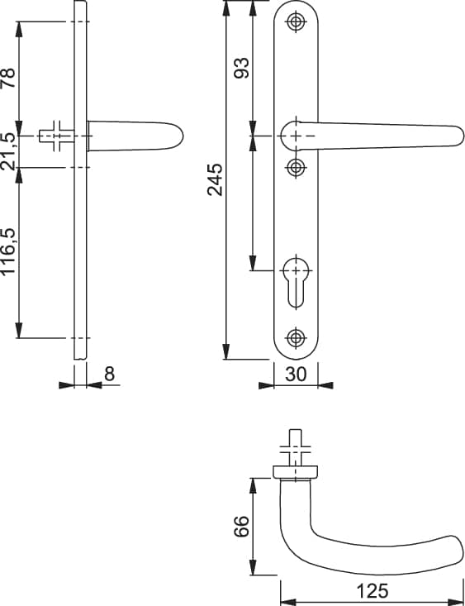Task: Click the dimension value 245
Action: pos(215,179)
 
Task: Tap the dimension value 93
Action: pos(242,68)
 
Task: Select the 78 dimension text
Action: pos(8,78)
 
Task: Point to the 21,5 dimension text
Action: pos(8,151)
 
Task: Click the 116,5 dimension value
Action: pos(8,251)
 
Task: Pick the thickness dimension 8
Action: pos(110,375)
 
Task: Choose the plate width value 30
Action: pos(296,375)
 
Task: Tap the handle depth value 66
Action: pos(242,527)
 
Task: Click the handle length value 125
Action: pos(372,591)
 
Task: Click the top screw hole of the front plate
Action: pos(296,21)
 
